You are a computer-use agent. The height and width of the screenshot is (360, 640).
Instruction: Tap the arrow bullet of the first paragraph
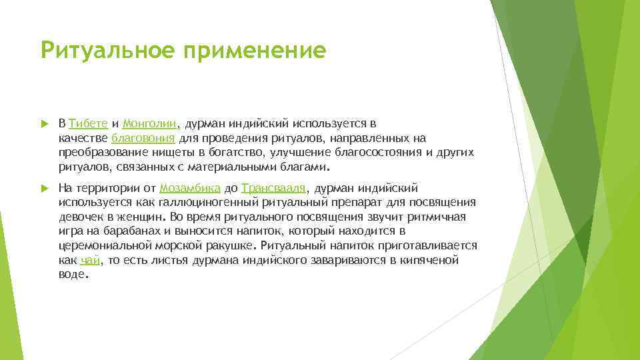click(x=45, y=124)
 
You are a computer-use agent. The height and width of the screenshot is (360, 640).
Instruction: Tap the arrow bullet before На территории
click(x=45, y=189)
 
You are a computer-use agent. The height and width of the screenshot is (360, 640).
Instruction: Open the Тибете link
click(x=88, y=124)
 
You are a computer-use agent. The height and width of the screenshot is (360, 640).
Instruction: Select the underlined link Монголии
click(x=150, y=124)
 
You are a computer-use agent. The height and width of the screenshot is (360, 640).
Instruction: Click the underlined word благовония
click(x=143, y=139)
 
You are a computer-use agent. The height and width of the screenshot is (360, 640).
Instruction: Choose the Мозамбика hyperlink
click(x=190, y=189)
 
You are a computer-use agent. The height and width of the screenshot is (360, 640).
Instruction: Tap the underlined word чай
click(x=89, y=261)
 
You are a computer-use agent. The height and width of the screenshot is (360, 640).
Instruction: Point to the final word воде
click(x=72, y=275)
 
